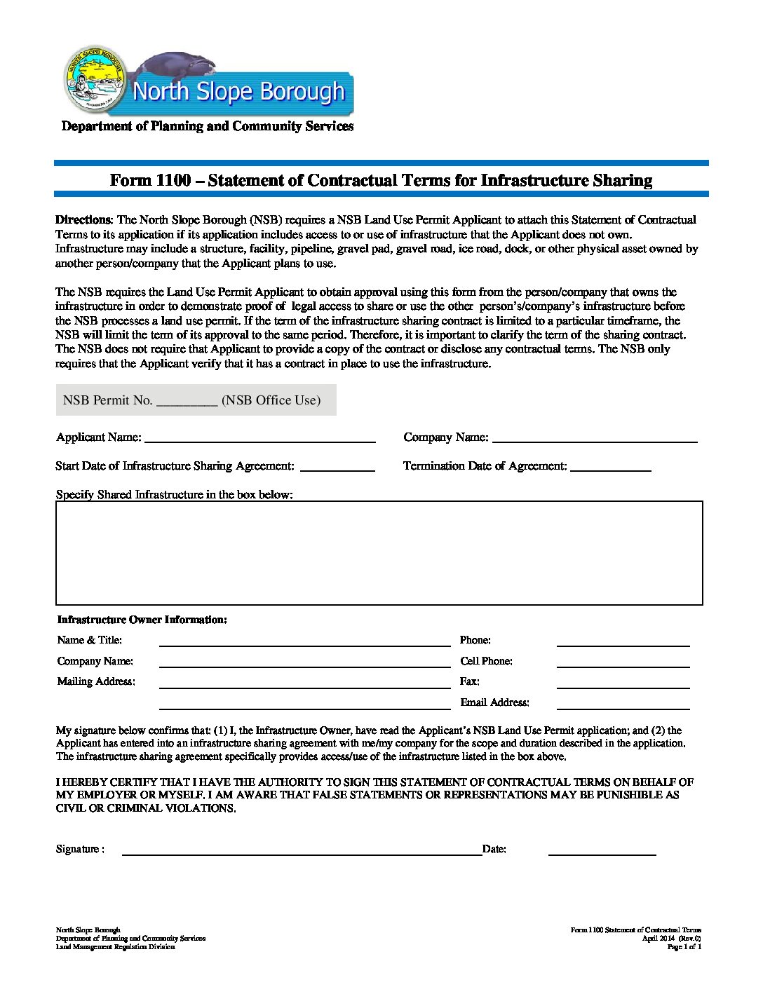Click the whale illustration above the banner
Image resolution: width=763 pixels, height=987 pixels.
[180, 67]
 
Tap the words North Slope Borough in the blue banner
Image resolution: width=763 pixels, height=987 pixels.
[238, 92]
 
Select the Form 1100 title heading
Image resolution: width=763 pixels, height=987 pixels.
[381, 180]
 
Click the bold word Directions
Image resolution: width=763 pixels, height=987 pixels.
[83, 219]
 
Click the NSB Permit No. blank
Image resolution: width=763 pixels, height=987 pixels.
[187, 401]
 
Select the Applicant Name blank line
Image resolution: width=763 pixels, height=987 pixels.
[259, 438]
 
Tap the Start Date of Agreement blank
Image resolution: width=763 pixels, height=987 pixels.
[337, 467]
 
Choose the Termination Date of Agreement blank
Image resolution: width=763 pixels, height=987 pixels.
[611, 467]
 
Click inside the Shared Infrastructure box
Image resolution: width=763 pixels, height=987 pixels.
[379, 553]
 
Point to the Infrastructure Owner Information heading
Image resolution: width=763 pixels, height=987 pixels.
[142, 620]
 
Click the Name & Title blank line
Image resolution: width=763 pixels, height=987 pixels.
[304, 641]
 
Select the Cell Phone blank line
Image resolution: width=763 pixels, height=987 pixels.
[623, 662]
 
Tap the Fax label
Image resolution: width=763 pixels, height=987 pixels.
[469, 681]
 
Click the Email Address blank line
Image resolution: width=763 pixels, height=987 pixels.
[623, 704]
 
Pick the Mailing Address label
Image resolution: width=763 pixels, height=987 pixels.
[96, 681]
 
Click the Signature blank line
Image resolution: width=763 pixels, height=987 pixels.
[302, 850]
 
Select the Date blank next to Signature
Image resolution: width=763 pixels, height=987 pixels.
[602, 850]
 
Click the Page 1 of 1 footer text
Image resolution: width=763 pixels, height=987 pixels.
[684, 947]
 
